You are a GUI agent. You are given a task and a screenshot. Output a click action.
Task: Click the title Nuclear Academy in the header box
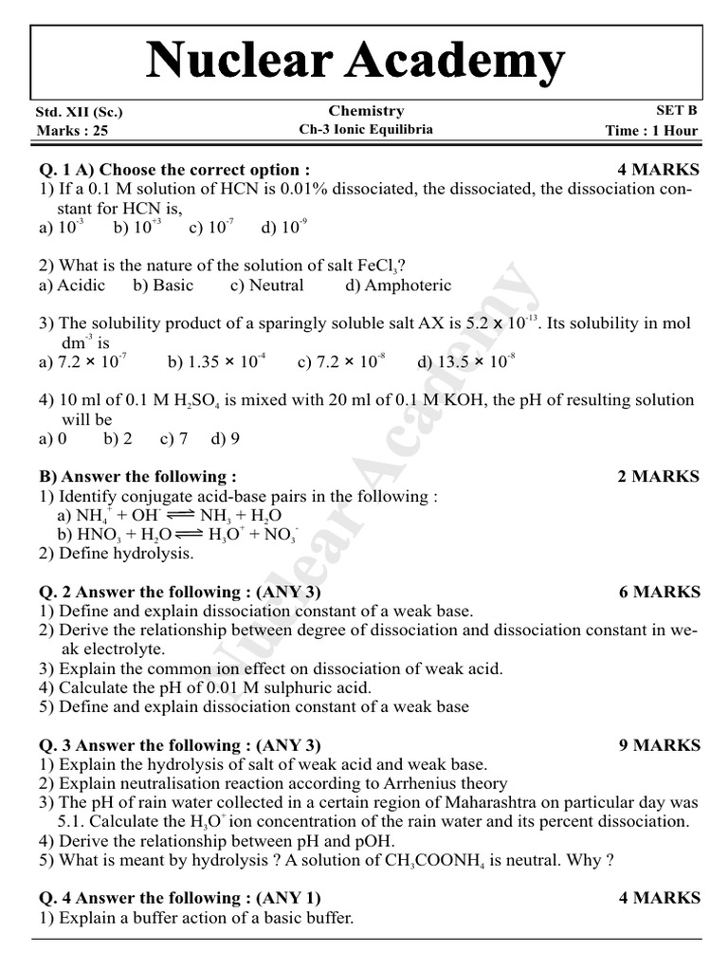[355, 62]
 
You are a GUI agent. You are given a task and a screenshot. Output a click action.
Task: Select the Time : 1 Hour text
[651, 131]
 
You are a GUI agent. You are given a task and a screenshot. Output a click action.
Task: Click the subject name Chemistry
[366, 111]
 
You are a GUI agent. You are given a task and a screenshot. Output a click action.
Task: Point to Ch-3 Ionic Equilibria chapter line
[366, 130]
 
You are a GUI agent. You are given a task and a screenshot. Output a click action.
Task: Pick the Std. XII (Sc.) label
[79, 112]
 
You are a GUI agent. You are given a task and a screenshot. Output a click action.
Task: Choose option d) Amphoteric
[398, 285]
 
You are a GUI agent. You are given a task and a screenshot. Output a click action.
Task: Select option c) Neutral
[266, 285]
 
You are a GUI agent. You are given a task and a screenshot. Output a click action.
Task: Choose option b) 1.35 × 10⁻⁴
[217, 362]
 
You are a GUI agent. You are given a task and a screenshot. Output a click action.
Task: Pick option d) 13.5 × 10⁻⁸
[465, 362]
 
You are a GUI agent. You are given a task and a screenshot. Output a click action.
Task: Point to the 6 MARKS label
[659, 592]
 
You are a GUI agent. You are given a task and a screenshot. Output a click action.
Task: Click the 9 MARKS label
[659, 745]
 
